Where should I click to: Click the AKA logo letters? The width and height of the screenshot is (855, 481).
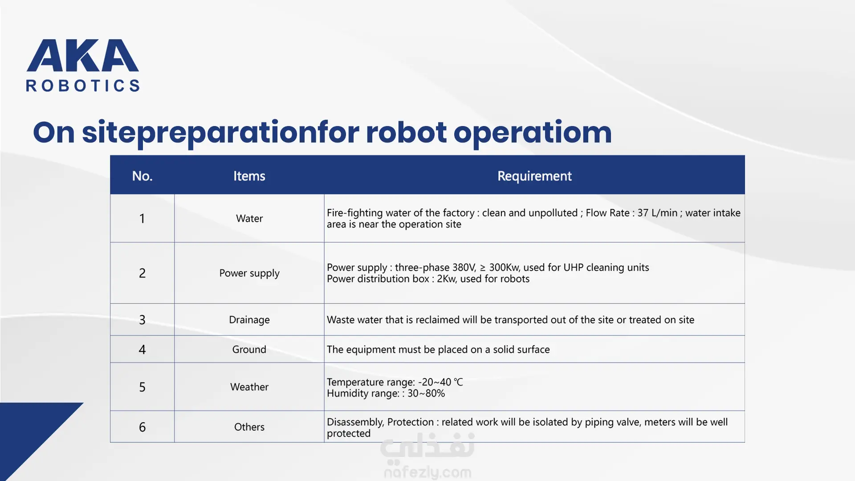click(83, 55)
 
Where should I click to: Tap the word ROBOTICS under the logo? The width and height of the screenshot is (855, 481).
click(83, 86)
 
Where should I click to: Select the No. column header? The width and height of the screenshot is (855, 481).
click(142, 176)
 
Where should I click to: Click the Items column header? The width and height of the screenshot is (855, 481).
click(249, 176)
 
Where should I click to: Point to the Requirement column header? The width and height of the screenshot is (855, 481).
click(534, 176)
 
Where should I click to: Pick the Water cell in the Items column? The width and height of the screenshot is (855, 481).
click(249, 218)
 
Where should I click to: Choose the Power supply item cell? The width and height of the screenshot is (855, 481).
click(249, 273)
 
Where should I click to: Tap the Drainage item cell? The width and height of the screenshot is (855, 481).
click(249, 320)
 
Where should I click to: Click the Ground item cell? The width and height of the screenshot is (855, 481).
click(249, 349)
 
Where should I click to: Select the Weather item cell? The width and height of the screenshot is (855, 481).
click(249, 387)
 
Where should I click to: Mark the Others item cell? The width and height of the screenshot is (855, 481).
click(249, 427)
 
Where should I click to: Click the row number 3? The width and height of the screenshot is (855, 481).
click(142, 320)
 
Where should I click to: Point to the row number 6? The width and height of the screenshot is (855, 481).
click(142, 427)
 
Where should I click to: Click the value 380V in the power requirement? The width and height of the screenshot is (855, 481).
click(464, 268)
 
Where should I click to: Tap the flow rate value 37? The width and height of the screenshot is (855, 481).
click(643, 213)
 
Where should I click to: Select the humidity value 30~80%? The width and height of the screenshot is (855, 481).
click(426, 393)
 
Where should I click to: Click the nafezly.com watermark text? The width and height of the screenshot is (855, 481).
click(427, 472)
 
